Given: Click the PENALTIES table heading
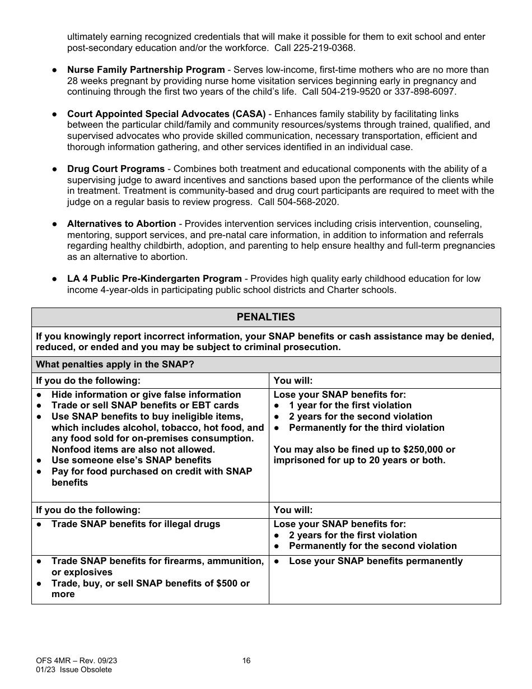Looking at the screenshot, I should point(265,317).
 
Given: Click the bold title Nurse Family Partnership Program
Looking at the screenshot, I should point(146,70).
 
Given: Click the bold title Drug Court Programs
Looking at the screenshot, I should point(116,169).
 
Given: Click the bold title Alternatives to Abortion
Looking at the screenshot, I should point(122,224).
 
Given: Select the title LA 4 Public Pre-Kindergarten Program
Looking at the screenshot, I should point(155,279).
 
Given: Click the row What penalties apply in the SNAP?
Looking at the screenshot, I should point(115,365).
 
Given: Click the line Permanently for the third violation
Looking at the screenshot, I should point(366,428).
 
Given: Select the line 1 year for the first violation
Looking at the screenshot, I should point(350,406).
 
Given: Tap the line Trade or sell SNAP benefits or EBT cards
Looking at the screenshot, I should point(145,406).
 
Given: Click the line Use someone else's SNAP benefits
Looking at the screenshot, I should point(131,460).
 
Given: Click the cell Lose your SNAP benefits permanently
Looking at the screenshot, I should point(376,561).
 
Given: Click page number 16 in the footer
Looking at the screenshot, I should point(246,661).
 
